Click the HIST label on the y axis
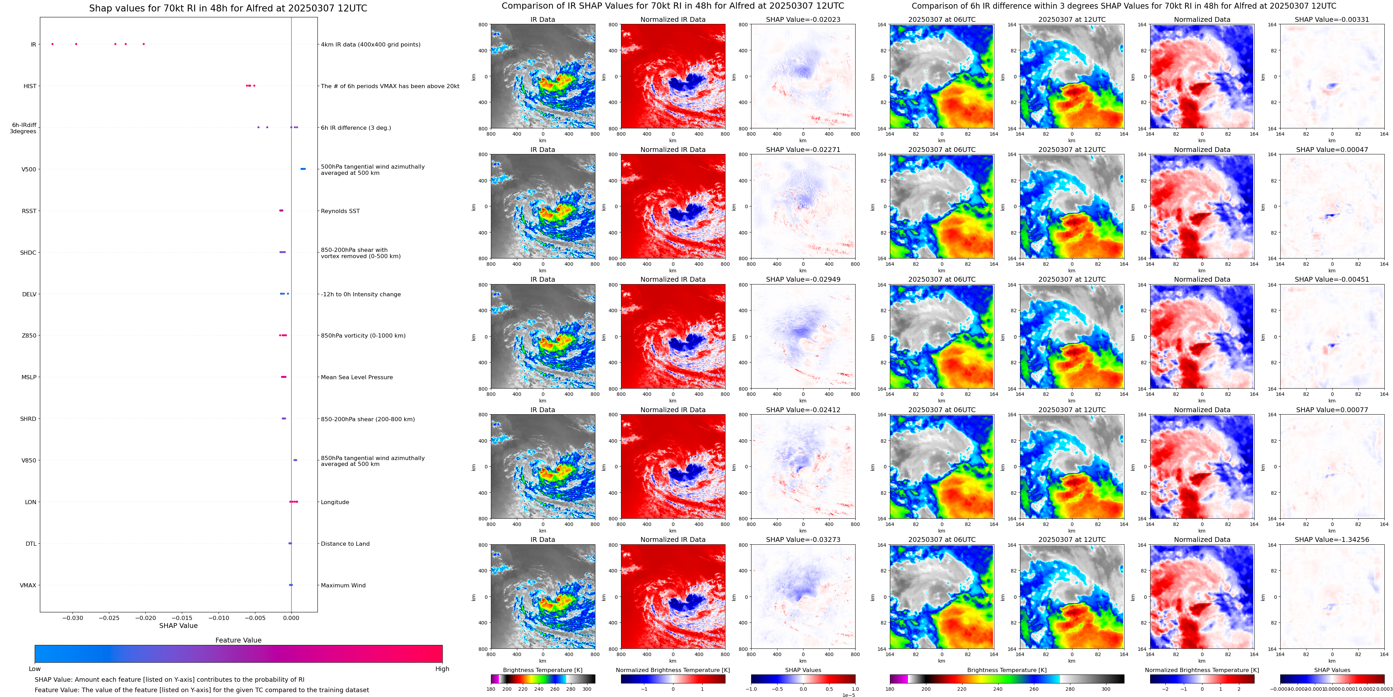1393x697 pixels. (x=30, y=86)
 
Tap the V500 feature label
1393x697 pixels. (x=29, y=169)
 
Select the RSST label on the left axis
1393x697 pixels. (x=29, y=211)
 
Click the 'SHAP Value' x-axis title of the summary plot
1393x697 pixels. (x=178, y=626)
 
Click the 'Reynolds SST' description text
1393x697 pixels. (x=340, y=211)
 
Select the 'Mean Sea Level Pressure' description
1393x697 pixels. (x=356, y=377)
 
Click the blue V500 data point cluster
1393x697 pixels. (x=303, y=169)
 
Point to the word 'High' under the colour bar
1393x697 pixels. (x=442, y=669)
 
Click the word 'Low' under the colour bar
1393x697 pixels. (x=35, y=669)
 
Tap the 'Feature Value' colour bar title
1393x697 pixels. (x=238, y=640)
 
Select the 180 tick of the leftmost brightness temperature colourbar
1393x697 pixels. (x=491, y=689)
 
